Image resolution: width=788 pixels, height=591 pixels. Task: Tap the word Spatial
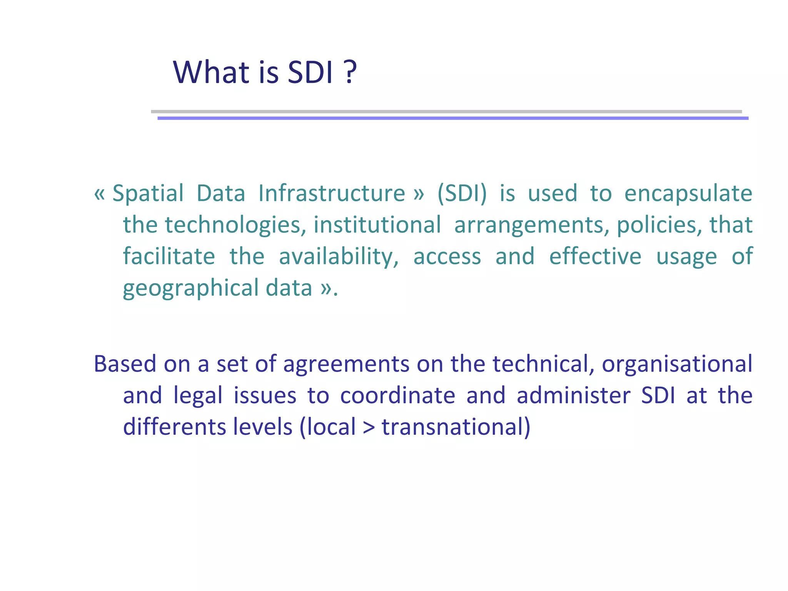pos(148,194)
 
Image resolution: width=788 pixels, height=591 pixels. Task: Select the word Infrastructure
pos(332,194)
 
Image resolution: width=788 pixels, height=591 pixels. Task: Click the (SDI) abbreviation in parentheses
pos(462,194)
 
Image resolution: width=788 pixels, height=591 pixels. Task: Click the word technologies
pos(233,225)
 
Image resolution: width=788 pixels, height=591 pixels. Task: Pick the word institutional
pos(377,225)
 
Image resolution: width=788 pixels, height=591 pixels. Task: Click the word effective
pos(595,256)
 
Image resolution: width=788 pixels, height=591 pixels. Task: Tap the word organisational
pos(677,364)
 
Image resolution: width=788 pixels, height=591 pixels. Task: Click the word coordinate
pos(397,396)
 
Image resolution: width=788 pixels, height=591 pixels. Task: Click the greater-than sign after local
pos(369,428)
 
